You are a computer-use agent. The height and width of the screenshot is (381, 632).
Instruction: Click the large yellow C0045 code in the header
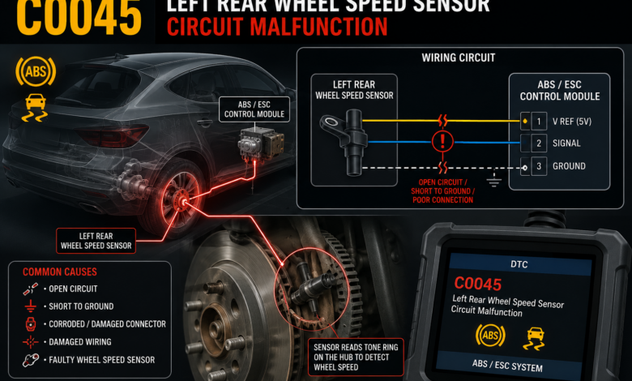point(79,18)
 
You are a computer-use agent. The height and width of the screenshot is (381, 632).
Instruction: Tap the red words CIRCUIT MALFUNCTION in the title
point(277,27)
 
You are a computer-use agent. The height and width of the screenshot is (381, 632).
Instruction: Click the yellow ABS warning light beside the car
point(36,71)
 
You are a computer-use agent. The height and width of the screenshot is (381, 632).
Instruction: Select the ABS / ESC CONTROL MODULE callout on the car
point(254,109)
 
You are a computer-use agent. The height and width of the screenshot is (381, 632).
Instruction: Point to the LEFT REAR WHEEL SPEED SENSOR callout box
point(96,241)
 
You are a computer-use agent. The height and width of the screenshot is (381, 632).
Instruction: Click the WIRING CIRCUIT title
point(459,58)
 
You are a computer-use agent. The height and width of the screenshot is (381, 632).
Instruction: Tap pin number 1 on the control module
point(539,121)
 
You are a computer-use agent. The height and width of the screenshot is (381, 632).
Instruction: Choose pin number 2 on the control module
point(539,143)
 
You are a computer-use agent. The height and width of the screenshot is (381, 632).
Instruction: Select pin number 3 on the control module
point(539,166)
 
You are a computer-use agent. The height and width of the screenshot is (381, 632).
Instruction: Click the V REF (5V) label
point(571,122)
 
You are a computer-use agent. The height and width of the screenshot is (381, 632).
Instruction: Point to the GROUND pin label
point(569,166)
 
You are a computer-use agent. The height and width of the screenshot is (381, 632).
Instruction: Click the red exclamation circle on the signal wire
point(442,141)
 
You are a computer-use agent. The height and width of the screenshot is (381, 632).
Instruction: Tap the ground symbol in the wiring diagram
point(493,179)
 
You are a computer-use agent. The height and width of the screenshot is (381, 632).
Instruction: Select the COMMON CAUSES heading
point(60,272)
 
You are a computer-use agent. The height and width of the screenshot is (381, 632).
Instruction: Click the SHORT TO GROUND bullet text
point(81,306)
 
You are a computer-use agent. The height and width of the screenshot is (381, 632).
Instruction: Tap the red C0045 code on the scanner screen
point(477,284)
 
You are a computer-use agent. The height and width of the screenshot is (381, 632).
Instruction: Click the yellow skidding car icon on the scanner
point(533,338)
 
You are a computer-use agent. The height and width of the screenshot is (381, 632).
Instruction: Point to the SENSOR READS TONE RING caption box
point(356,357)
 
